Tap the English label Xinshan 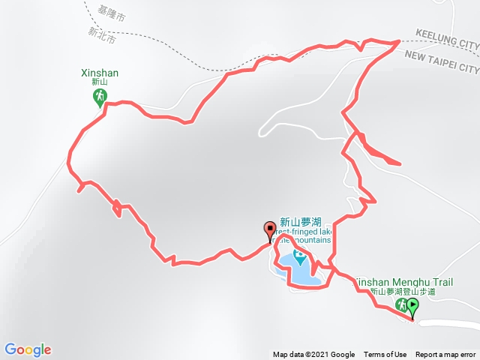click(100, 73)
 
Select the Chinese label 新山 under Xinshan click(100, 82)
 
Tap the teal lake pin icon click(300, 259)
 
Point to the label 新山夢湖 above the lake click(300, 222)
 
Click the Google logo click(28, 349)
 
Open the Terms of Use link click(385, 355)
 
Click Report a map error click(445, 355)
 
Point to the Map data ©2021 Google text click(313, 355)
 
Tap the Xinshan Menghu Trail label click(405, 281)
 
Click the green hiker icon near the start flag click(401, 304)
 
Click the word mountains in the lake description click(309, 240)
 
